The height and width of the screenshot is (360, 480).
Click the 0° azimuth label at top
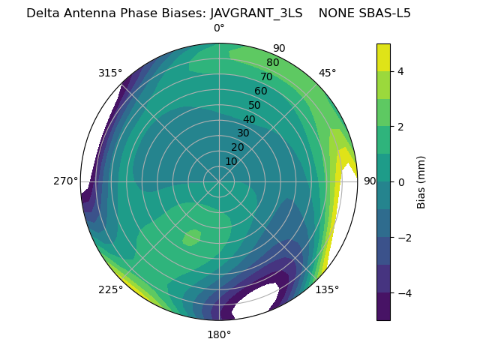coord(219,28)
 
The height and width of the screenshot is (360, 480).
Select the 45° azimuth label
coord(327,73)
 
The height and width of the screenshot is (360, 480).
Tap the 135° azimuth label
coord(327,289)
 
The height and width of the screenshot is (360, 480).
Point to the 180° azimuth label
coord(219,334)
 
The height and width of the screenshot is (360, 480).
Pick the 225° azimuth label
coord(110,289)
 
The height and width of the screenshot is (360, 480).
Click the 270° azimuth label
coord(66,181)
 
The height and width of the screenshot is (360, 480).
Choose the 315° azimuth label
coord(110,73)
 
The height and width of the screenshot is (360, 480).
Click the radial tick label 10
coord(231,161)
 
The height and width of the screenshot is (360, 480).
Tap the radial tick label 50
coord(255,105)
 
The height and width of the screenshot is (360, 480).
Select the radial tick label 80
coord(272,62)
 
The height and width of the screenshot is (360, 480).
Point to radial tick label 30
coord(243,133)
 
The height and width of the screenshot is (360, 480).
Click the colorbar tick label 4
coord(400,71)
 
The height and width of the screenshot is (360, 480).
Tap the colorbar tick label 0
coord(400,182)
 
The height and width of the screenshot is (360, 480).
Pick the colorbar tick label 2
coord(400,127)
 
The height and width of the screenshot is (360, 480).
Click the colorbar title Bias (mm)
coord(421,182)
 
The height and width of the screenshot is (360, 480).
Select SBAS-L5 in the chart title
coord(385,13)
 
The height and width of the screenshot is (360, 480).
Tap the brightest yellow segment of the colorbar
coord(383,57)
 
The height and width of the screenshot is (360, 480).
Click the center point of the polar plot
coord(219,181)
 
